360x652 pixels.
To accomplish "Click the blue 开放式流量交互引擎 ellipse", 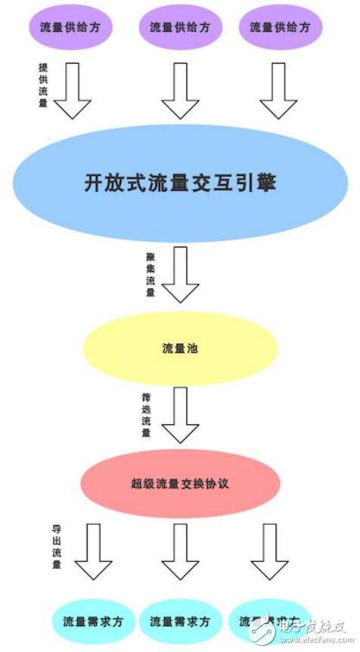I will (180, 183).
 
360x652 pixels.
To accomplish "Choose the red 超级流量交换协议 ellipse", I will (180, 483).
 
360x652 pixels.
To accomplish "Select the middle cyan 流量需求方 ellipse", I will (179, 621).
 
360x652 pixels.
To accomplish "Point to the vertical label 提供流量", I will (42, 84).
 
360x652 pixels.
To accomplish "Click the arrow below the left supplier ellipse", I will (73, 90).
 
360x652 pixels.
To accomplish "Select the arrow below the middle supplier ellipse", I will (180, 90).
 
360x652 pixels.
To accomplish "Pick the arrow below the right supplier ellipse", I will (278, 90).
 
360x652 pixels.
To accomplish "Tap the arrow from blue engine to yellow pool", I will (181, 274).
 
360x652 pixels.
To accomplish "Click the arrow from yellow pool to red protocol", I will (180, 414).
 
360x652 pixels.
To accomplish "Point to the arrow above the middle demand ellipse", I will (180, 551).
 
